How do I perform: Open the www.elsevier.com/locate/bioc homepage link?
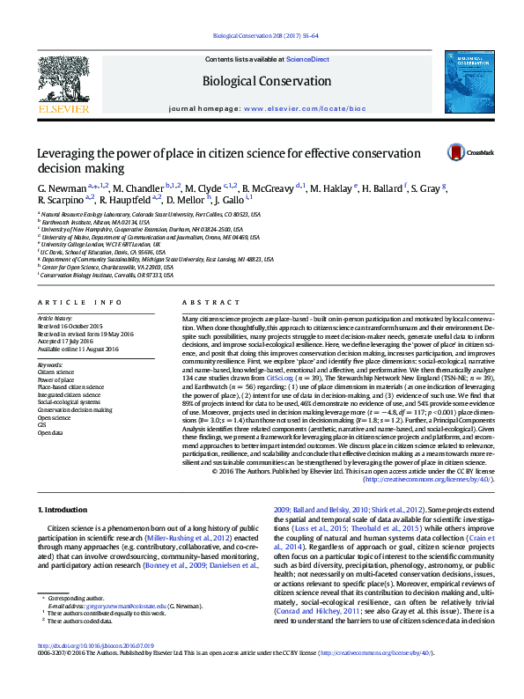[304, 109]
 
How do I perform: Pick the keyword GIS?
[42, 425]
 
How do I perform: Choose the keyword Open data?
[49, 432]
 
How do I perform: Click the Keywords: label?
[50, 364]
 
